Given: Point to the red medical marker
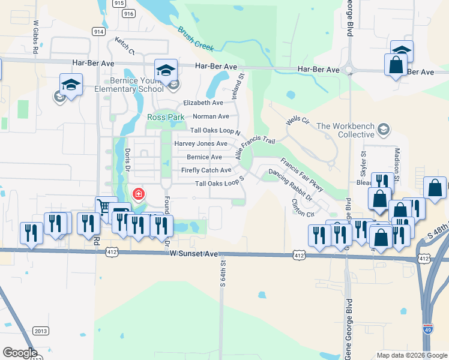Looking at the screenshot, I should (x=138, y=194).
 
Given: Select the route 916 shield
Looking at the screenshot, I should (x=127, y=13).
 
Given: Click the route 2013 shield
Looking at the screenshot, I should (x=41, y=331).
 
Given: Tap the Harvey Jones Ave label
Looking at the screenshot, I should (x=200, y=144).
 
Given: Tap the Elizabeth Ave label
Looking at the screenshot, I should (x=203, y=103).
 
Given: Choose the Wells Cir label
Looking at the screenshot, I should (x=297, y=121).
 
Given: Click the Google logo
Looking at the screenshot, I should (x=20, y=353).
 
